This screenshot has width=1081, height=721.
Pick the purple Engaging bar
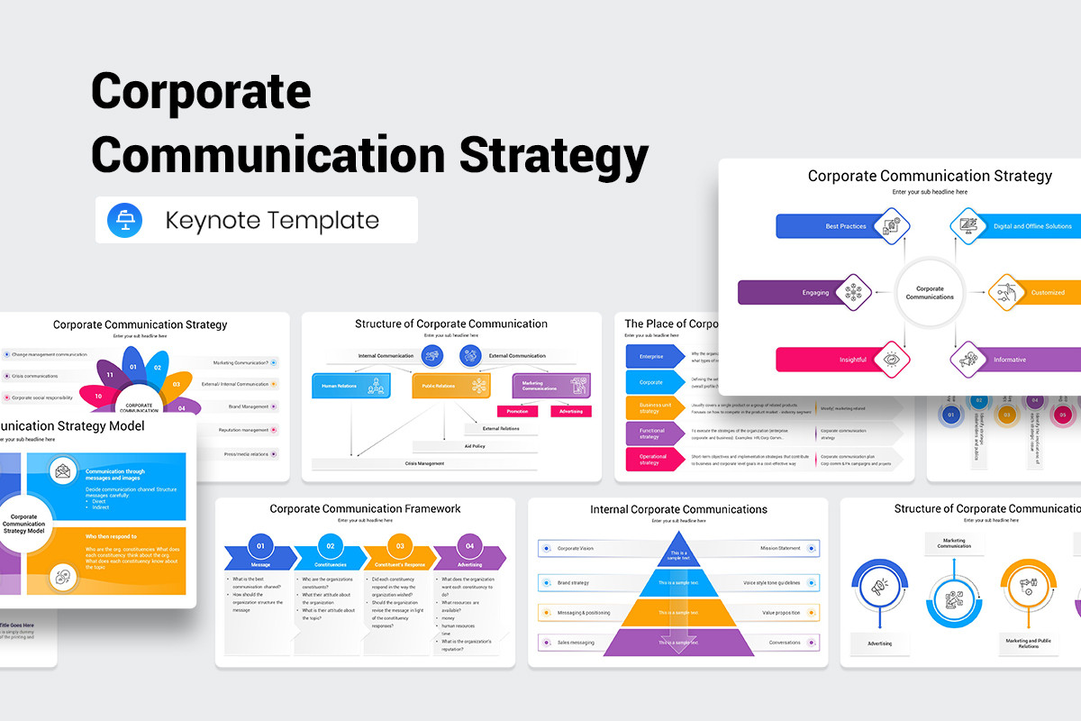[793, 293]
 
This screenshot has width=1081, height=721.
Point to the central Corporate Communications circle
[930, 293]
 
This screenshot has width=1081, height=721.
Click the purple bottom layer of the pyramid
[678, 642]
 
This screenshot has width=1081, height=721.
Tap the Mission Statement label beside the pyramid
[780, 548]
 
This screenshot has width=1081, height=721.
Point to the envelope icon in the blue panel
[62, 470]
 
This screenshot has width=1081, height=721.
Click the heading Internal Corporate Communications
[678, 509]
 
